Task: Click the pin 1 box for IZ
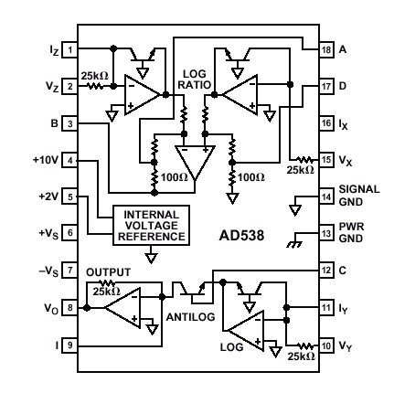[69, 49]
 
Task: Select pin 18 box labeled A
[326, 49]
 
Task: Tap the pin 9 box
[69, 345]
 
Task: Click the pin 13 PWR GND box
[326, 234]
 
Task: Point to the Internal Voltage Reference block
[151, 226]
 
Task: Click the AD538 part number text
[241, 236]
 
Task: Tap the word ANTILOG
[190, 317]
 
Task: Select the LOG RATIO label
[195, 80]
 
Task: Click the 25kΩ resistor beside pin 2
[95, 86]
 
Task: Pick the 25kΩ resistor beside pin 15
[304, 160]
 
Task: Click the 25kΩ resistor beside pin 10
[305, 345]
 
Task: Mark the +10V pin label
[46, 160]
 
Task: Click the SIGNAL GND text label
[359, 196]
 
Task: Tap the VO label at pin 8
[51, 309]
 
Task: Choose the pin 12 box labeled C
[326, 271]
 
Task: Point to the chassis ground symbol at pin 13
[294, 243]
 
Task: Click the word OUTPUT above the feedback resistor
[108, 272]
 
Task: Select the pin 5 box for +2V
[69, 196]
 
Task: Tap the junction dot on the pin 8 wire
[87, 308]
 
